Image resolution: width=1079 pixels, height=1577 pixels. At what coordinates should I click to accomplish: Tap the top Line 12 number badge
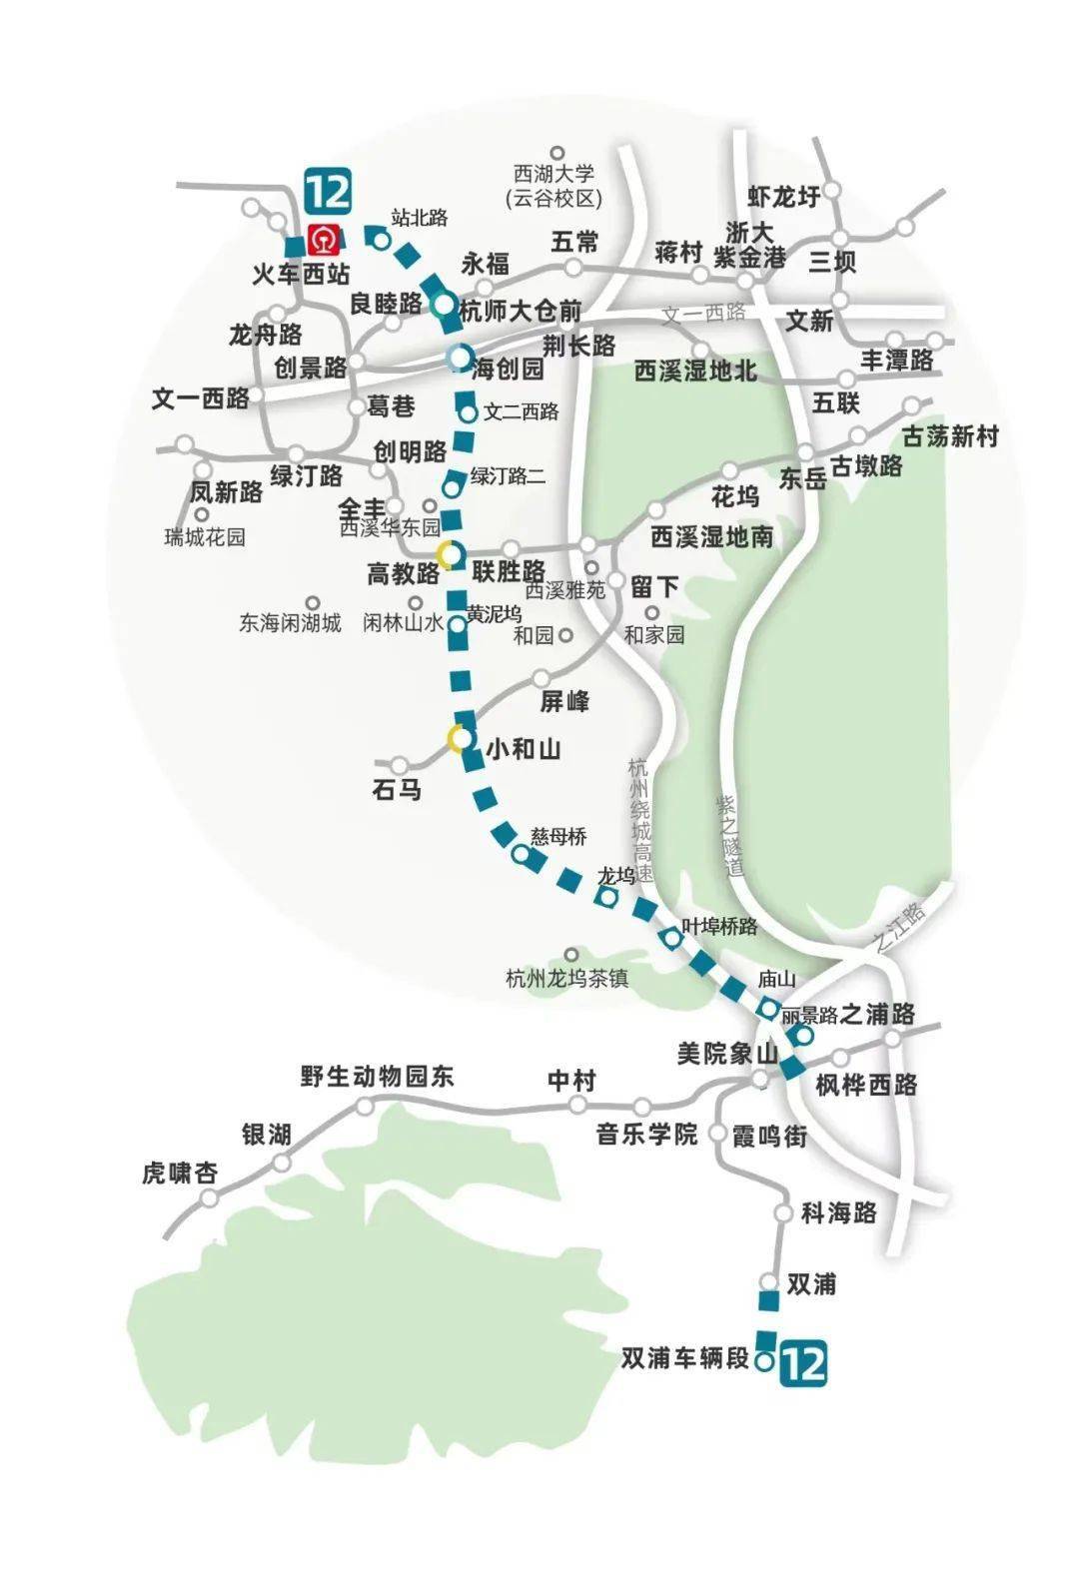pos(328,191)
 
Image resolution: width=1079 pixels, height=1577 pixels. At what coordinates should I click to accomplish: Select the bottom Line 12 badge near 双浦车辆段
pos(804,1362)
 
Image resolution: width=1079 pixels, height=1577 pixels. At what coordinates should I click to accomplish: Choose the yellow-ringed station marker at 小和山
pos(459,739)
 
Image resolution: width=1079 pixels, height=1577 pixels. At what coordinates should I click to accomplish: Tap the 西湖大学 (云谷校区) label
pos(553,187)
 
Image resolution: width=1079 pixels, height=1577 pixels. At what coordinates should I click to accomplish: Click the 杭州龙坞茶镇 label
pos(567,978)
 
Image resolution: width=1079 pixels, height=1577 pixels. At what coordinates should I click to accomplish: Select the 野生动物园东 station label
pos(377,1076)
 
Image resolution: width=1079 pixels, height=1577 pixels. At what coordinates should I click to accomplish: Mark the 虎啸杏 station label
pos(180,1173)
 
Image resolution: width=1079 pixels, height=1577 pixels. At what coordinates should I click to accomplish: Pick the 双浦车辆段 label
pos(684,1359)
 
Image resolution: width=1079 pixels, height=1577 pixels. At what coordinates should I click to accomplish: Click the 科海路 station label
pos(839,1212)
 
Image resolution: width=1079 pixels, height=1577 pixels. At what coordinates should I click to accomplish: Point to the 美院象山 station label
pos(727,1054)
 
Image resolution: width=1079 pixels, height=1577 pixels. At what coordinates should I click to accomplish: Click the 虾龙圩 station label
pos(784,197)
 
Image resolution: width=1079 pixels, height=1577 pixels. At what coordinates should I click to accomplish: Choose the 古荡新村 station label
pos(950,436)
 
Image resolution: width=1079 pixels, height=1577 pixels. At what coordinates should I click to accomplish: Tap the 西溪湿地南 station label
pos(711,536)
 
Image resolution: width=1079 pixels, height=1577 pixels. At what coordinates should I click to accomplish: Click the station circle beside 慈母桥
pos(520,855)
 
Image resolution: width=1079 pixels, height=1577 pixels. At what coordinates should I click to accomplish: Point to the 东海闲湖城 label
pos(290,623)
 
